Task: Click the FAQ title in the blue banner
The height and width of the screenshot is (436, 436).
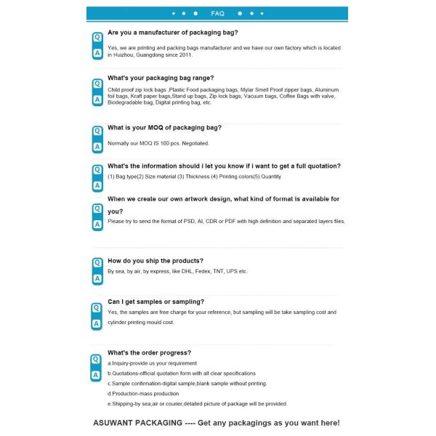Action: point(217,14)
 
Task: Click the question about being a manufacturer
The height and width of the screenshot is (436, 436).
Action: point(172,33)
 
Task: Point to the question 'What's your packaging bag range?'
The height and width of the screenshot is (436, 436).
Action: point(161,78)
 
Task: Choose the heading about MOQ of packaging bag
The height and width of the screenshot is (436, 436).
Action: point(164,127)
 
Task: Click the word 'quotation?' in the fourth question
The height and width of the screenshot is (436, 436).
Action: point(321,166)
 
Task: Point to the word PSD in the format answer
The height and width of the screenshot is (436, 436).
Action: point(183,221)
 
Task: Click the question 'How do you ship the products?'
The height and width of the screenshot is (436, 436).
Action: point(156,260)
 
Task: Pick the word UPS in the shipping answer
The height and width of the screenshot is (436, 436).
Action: point(232,271)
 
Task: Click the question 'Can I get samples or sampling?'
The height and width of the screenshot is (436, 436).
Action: point(156,301)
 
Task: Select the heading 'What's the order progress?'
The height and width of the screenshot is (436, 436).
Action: point(149,352)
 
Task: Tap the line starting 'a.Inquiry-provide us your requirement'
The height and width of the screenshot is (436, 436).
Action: point(152,363)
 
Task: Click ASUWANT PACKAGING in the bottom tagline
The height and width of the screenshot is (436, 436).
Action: point(137,422)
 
